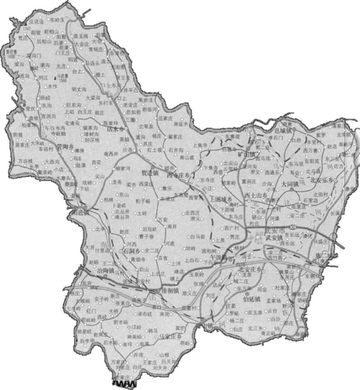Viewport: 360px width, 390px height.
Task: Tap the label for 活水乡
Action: point(116,131)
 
